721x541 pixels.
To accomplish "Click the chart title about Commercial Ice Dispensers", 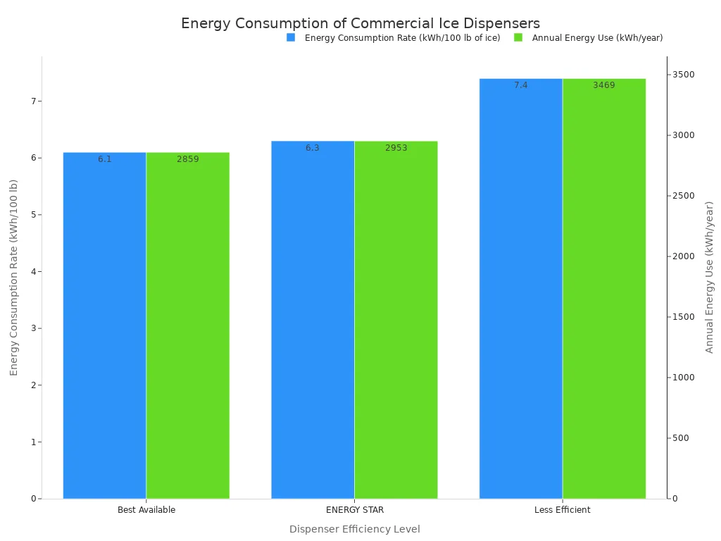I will coord(360,23).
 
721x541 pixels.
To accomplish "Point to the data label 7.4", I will coord(521,85).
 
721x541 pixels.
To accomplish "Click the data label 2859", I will coord(188,159).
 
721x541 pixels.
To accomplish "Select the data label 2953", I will coord(396,148).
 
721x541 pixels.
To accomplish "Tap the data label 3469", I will coord(604,85).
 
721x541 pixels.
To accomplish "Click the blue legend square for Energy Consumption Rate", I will coord(291,37).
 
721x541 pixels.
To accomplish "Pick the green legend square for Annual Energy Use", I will coord(518,37).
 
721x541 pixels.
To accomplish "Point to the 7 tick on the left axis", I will coord(32,101).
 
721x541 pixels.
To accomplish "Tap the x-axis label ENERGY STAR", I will coord(355,510).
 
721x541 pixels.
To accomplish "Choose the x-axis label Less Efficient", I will coord(563,510).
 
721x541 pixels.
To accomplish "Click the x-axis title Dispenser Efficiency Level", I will coord(355,529).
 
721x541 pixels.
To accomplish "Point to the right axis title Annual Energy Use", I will coord(710,277).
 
